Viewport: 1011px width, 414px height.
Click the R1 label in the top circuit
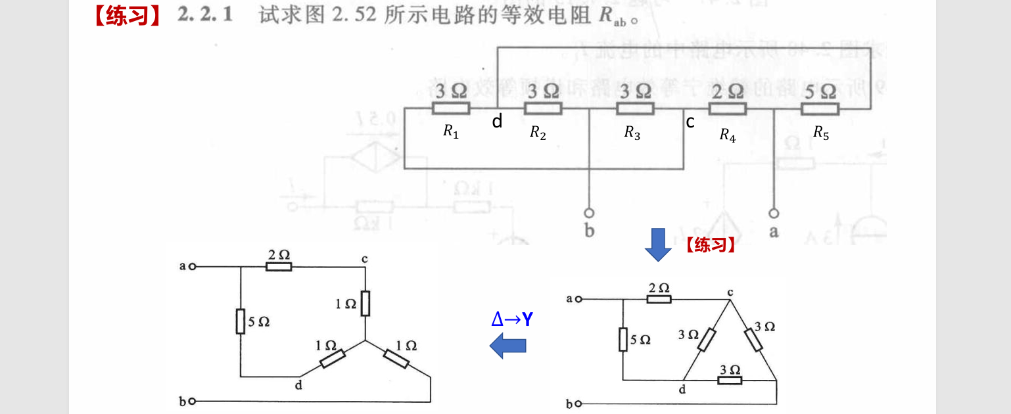451,132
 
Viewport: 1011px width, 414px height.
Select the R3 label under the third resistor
632,133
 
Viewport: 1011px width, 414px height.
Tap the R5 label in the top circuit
821,132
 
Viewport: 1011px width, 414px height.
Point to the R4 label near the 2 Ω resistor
727,135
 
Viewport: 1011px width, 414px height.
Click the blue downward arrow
658,244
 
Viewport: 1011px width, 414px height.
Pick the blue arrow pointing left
508,345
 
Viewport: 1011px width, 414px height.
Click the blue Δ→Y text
512,320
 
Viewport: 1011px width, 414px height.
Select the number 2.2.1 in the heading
204,16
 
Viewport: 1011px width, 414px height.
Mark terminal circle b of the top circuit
590,214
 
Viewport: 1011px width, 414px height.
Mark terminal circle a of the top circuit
774,214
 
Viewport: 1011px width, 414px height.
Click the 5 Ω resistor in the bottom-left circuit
241,321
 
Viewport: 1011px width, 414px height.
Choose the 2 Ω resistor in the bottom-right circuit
659,299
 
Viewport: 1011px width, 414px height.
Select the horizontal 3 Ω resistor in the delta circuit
730,380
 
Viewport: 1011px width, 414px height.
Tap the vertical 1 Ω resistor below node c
365,303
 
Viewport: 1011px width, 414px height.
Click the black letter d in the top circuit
498,122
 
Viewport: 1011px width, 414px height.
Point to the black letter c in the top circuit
690,122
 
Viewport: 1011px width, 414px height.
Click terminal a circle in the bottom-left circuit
192,267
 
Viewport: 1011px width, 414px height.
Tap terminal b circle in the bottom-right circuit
578,404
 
